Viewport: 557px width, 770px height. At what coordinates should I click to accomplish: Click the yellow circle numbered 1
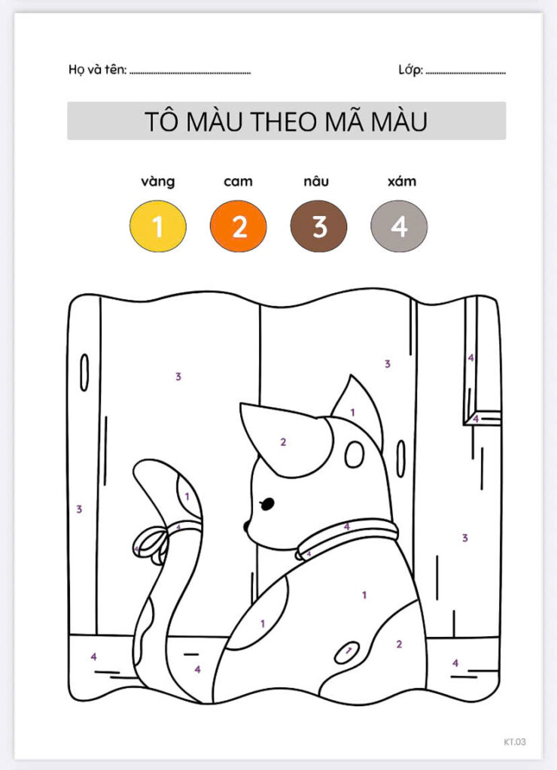158,226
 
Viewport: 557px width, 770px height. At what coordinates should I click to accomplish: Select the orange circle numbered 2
239,226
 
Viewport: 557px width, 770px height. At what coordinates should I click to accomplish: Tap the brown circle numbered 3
318,226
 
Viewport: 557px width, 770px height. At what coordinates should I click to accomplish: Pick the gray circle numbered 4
399,226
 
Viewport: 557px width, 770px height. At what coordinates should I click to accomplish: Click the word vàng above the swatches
158,182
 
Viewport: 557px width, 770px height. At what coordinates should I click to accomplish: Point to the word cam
239,182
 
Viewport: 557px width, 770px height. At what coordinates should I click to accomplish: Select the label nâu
316,181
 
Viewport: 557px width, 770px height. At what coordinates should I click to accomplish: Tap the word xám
402,181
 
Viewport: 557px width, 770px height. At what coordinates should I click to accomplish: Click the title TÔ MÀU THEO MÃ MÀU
286,121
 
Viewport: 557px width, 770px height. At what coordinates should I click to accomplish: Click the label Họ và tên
97,69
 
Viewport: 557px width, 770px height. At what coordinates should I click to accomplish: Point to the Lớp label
410,70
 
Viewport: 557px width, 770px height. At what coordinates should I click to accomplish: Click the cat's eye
267,503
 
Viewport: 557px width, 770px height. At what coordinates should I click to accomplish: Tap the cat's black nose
246,527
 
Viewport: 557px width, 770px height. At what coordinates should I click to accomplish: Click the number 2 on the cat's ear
283,442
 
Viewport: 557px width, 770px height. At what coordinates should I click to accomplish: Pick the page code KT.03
515,741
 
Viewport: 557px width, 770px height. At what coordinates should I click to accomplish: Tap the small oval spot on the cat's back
347,652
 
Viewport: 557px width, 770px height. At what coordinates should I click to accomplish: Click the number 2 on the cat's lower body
399,644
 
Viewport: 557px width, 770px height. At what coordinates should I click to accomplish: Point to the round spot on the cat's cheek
354,454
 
